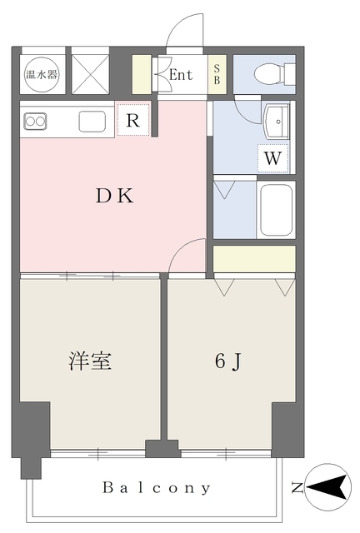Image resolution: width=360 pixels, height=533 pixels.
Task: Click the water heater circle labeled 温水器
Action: tap(42, 74)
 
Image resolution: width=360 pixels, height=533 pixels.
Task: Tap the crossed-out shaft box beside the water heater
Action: tap(91, 74)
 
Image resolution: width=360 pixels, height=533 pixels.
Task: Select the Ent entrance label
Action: tap(181, 75)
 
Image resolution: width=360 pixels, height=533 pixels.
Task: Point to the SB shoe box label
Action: tap(217, 74)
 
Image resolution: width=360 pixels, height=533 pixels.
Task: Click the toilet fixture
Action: tap(274, 74)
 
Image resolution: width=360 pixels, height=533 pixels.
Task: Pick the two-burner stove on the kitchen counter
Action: tap(35, 122)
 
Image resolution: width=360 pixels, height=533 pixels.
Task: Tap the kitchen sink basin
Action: tap(92, 121)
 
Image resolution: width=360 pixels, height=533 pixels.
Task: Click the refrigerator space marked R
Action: tap(133, 120)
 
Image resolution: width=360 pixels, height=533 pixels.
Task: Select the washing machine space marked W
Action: tap(272, 158)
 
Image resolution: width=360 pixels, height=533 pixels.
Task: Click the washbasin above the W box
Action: tap(277, 122)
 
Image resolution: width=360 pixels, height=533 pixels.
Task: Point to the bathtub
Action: tap(276, 210)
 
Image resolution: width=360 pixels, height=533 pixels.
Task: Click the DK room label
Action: tap(115, 196)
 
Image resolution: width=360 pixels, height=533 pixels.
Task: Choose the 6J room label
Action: tap(228, 361)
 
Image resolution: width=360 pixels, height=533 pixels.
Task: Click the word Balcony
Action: tap(157, 488)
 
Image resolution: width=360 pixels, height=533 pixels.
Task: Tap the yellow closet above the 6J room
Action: tap(254, 258)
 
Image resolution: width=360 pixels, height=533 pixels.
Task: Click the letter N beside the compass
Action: tap(297, 488)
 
